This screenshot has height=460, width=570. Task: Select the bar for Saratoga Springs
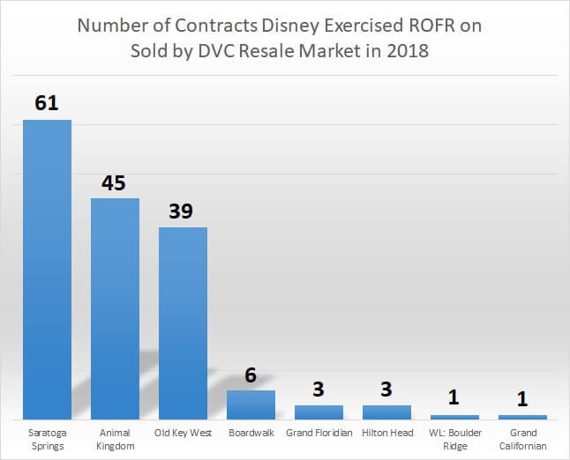[x=47, y=269]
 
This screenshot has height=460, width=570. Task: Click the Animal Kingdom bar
[x=115, y=308]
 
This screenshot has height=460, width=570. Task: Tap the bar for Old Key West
[x=183, y=323]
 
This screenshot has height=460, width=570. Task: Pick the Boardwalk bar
[x=251, y=404]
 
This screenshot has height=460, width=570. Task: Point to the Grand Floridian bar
[x=319, y=412]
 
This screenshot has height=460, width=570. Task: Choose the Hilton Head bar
[x=386, y=412]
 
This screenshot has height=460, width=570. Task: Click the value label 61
[x=47, y=103]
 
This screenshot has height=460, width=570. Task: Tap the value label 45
[x=114, y=182]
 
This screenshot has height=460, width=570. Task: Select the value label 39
[x=181, y=211]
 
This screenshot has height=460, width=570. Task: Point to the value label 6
[x=251, y=375]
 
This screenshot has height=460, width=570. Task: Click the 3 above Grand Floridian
[x=319, y=390]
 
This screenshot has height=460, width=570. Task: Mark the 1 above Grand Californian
[x=522, y=399]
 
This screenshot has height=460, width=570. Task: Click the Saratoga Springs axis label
[x=47, y=439]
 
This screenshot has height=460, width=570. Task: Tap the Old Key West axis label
[x=183, y=433]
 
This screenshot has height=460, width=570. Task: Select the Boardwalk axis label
[x=251, y=433]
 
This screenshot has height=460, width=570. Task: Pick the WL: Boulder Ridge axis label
[x=455, y=439]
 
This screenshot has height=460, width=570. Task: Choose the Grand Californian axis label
[x=523, y=439]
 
